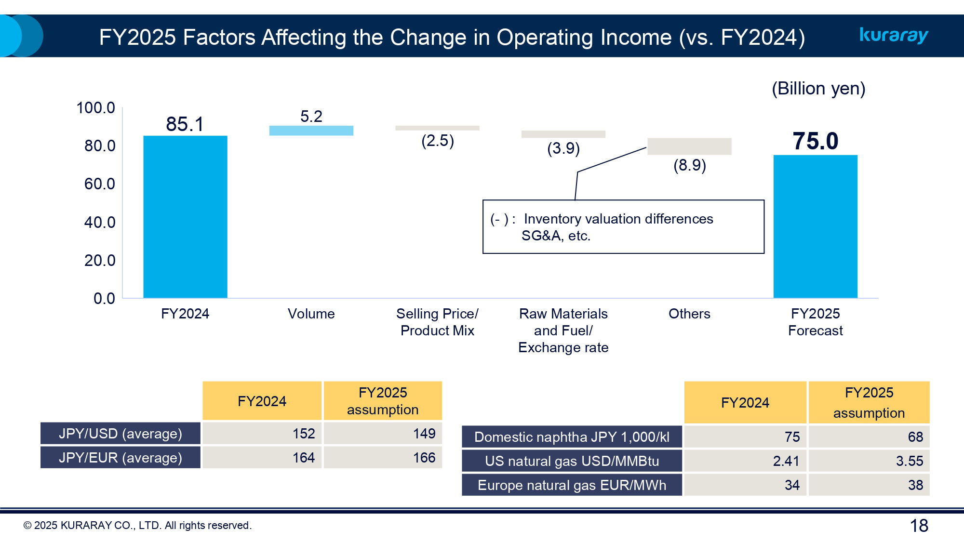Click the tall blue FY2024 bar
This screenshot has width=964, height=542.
click(185, 217)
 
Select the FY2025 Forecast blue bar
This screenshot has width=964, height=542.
click(815, 226)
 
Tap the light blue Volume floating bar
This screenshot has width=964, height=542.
click(311, 131)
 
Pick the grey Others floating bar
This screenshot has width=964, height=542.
click(689, 146)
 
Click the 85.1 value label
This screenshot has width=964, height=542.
click(185, 124)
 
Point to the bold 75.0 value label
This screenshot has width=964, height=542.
click(815, 141)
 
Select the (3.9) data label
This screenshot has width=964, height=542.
click(563, 148)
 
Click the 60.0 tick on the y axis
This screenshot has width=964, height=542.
click(100, 184)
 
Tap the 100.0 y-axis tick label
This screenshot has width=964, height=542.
click(95, 108)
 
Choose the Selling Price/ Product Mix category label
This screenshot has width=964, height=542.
click(437, 322)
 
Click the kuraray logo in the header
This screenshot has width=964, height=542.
click(894, 35)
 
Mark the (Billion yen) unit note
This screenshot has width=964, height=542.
click(818, 89)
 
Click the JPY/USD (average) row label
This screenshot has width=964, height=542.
click(120, 434)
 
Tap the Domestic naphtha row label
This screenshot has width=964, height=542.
click(572, 437)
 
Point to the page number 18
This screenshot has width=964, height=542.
click(919, 526)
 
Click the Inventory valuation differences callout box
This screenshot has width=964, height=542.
click(623, 227)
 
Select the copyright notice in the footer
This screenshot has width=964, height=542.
click(137, 526)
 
